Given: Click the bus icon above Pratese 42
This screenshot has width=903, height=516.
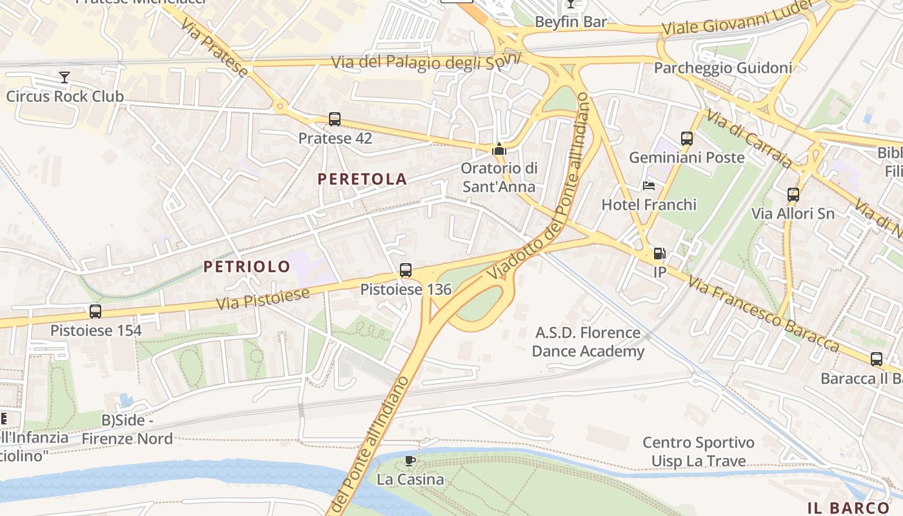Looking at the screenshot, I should click(334, 119).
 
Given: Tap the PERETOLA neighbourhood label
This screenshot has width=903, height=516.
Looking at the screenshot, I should click(362, 179).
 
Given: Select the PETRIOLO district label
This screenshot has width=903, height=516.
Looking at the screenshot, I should click(247, 266).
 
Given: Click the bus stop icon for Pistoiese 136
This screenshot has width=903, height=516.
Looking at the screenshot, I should click(405, 270).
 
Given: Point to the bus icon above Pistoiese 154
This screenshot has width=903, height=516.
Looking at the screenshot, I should click(95, 312).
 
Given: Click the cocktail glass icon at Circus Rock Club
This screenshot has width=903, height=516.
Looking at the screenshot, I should click(64, 78).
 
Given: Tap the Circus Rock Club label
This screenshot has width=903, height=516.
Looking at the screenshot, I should click(64, 97).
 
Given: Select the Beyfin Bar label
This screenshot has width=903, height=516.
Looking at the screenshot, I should click(571, 22).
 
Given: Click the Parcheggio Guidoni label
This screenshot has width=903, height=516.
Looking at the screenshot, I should click(722, 68).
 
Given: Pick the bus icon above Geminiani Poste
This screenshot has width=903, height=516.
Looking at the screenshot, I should click(686, 138).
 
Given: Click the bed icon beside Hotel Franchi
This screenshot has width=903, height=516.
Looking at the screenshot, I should click(649, 186).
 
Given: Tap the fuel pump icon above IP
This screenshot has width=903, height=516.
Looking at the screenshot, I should click(659, 253).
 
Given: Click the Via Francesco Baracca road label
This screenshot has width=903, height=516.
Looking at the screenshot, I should click(763, 314).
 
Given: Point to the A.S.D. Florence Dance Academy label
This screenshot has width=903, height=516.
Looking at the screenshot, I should click(588, 342).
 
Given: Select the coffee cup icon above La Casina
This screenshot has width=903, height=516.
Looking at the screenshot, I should click(410, 461).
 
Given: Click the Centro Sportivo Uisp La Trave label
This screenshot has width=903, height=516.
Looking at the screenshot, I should click(699, 451).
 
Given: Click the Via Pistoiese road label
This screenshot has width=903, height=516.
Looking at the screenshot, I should click(263, 299).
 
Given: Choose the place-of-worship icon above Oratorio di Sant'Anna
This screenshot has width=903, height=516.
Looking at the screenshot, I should click(499, 150).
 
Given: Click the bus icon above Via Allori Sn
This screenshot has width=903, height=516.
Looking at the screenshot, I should click(793, 194).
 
